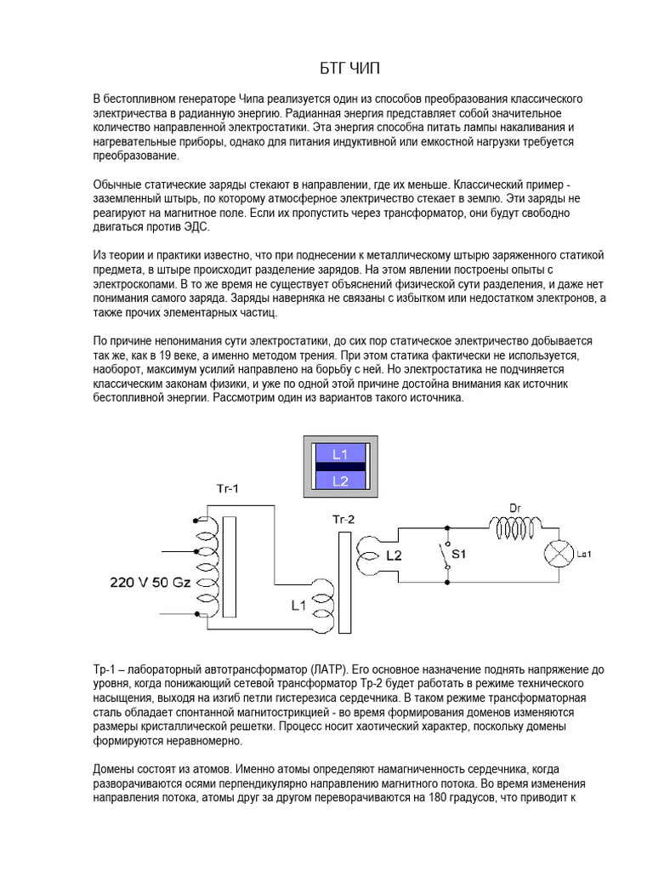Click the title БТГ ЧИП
click(x=326, y=68)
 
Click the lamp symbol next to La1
click(x=558, y=555)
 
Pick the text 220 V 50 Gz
click(x=150, y=583)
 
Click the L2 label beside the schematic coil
click(x=394, y=555)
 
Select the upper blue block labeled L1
click(x=341, y=454)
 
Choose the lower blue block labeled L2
click(x=341, y=481)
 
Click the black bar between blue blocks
click(x=341, y=467)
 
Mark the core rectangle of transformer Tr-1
click(x=229, y=568)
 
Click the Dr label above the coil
click(x=514, y=509)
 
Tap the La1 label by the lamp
click(x=583, y=555)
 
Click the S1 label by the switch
click(x=460, y=555)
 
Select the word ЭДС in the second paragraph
click(x=196, y=228)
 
